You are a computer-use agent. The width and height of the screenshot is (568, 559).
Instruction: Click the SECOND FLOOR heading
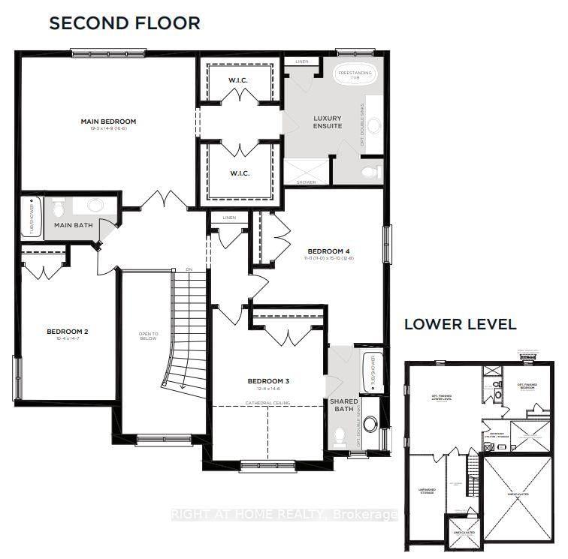[x=125, y=23]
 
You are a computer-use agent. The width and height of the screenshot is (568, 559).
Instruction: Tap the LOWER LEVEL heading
[x=460, y=324]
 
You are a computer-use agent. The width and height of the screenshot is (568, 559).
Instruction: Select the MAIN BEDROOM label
[x=108, y=122]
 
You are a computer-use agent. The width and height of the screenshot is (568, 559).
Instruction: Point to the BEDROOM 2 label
[x=68, y=332]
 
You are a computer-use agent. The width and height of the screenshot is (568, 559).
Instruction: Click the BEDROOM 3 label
[x=268, y=381]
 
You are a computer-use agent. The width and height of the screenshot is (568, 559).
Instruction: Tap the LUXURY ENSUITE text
[x=328, y=122]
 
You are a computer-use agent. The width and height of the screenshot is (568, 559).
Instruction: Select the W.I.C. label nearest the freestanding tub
[x=240, y=80]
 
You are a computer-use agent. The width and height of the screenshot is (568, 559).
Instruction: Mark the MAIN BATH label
[x=73, y=224]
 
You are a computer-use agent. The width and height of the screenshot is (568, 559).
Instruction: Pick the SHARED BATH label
[x=344, y=405]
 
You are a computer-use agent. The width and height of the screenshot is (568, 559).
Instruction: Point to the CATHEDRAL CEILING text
[x=268, y=403]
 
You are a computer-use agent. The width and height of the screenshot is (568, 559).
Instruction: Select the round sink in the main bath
[x=95, y=206]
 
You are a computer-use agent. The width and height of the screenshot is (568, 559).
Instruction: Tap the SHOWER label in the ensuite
[x=307, y=182]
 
